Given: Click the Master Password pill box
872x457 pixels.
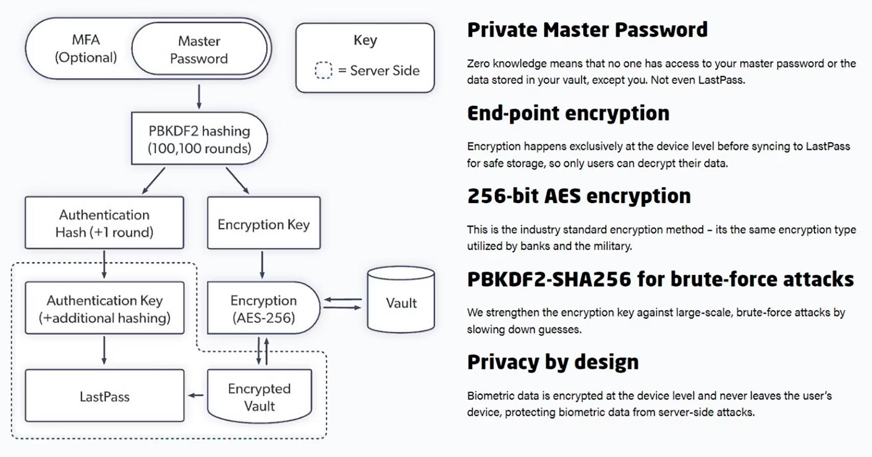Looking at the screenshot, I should (199, 50).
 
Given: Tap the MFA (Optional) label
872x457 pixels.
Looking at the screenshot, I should (86, 49).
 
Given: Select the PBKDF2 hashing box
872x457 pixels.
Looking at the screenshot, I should (199, 139).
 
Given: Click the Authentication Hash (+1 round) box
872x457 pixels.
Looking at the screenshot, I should (104, 223).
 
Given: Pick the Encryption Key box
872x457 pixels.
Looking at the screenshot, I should (264, 224).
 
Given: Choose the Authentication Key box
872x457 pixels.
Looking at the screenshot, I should (104, 308).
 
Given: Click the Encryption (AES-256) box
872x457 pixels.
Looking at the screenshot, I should (263, 308).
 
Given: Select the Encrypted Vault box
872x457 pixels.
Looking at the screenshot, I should (260, 397).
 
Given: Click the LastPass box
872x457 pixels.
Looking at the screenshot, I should (104, 396).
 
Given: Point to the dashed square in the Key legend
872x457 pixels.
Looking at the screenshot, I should (323, 70).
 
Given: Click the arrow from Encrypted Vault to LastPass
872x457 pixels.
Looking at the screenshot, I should (196, 395).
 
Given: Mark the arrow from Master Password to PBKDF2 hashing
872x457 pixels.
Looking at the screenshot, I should (199, 97).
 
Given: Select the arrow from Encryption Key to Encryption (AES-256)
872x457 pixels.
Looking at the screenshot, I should (262, 264).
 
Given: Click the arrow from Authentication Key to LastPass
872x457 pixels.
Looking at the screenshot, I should (104, 350).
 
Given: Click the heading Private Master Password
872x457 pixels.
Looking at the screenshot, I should (587, 30).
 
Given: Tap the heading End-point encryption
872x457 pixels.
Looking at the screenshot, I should (568, 113).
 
